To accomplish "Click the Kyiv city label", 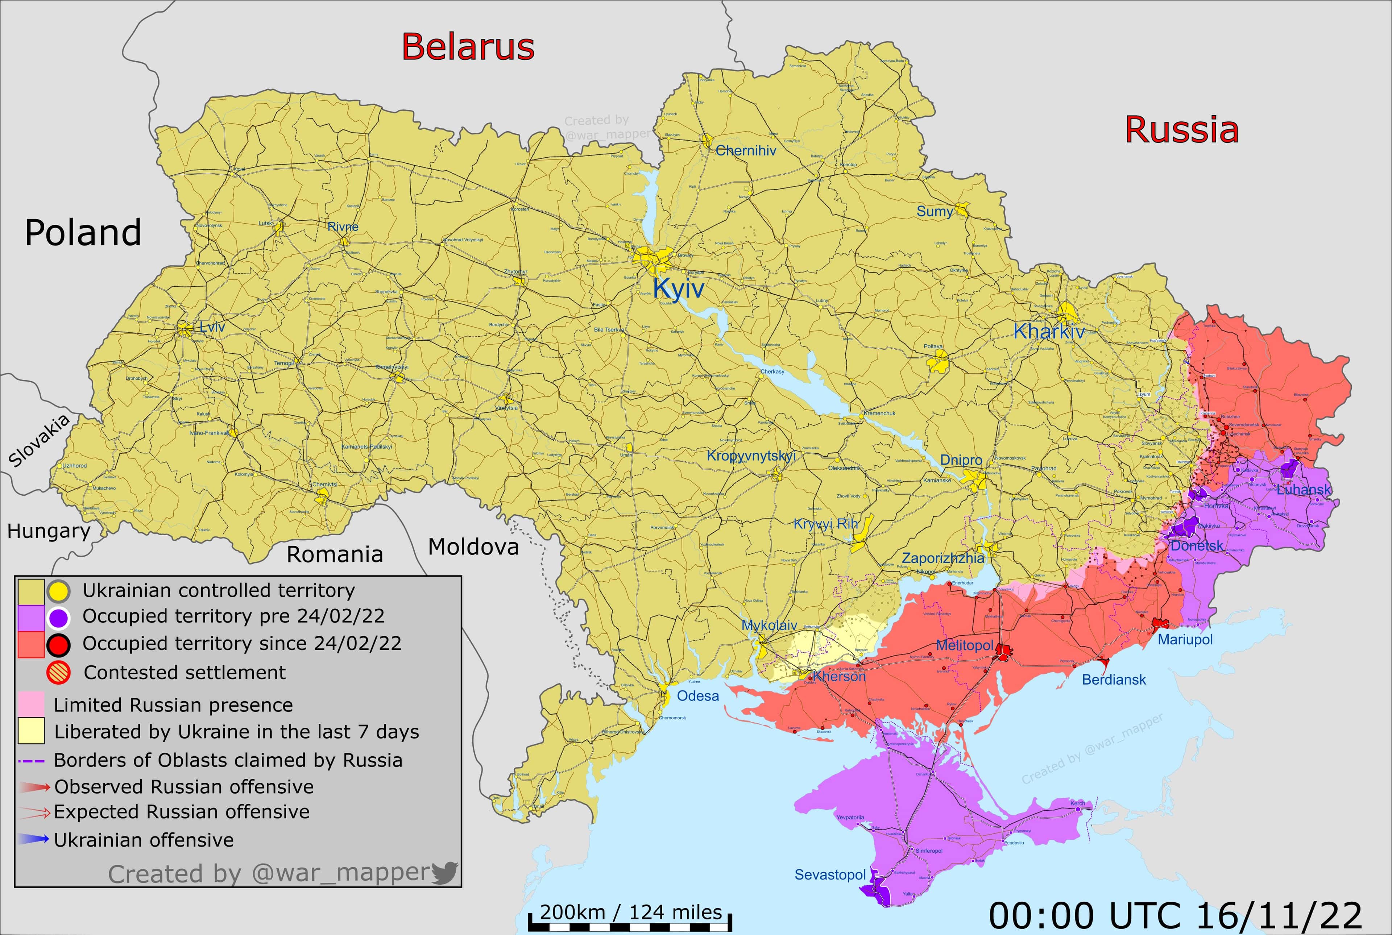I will (x=678, y=288).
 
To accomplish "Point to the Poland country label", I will (x=83, y=233).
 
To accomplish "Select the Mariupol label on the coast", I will (x=1185, y=640).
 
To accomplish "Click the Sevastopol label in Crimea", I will (x=830, y=875).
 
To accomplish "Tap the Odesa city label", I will (x=698, y=696).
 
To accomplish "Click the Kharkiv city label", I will (x=1048, y=332).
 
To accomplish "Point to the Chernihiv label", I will (x=746, y=151).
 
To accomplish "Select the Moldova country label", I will (x=473, y=547).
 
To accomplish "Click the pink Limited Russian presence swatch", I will (x=31, y=704).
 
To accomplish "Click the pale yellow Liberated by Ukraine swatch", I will (x=31, y=731).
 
